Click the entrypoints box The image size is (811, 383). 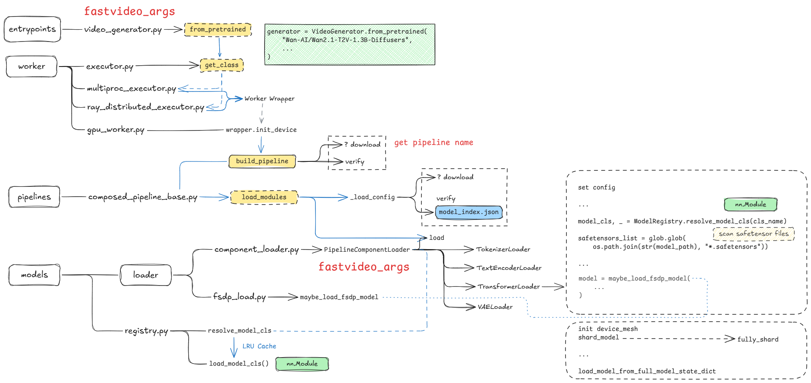[32, 29]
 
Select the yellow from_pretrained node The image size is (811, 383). [218, 30]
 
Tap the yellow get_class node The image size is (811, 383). [222, 65]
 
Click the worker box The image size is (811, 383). [31, 67]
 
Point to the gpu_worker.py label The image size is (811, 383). [116, 130]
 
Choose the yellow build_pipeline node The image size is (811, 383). [262, 161]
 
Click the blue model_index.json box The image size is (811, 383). [468, 212]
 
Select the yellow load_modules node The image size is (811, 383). [264, 197]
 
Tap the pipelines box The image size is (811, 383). [34, 197]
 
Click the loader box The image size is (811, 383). [145, 275]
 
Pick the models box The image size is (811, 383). [34, 275]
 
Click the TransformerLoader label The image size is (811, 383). [509, 287]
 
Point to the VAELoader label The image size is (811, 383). [495, 307]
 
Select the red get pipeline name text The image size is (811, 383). [433, 143]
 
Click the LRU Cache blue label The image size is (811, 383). [259, 347]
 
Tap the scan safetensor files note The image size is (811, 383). [753, 234]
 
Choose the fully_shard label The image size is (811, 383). [758, 339]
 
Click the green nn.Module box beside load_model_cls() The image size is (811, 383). [302, 364]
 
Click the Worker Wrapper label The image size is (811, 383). [269, 99]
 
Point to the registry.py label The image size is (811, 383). [146, 331]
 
